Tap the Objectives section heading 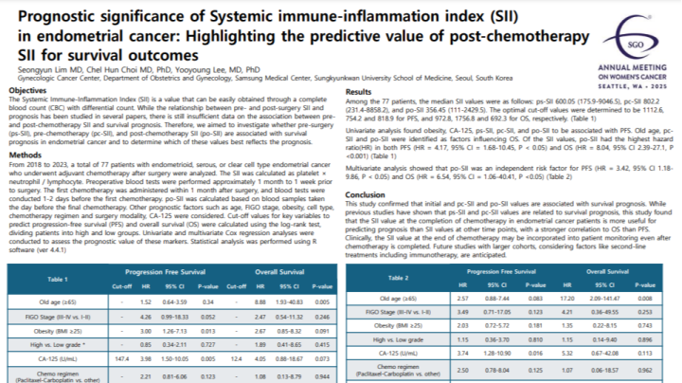click(x=29, y=88)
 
